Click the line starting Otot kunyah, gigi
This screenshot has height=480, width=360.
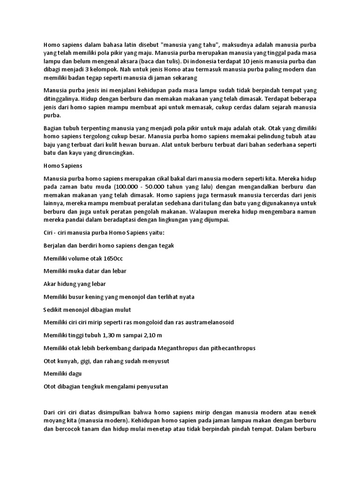tap(106, 361)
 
